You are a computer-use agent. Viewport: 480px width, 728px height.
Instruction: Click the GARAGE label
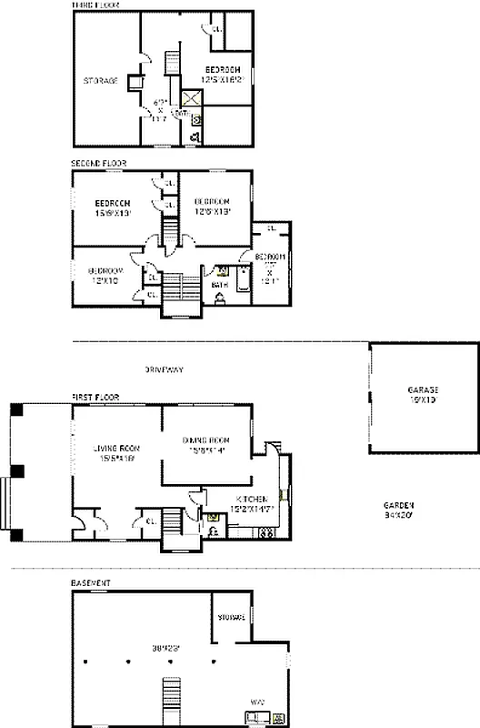tap(422, 389)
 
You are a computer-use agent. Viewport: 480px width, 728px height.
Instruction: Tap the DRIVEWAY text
tap(164, 369)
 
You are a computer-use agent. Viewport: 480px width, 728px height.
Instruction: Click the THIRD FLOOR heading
tap(96, 5)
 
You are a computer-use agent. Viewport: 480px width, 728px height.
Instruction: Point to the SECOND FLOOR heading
tap(98, 164)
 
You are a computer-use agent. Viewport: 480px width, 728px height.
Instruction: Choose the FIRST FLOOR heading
tap(95, 398)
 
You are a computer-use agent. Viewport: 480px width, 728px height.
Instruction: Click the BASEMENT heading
tap(91, 581)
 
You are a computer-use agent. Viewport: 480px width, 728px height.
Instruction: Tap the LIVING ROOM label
tap(116, 448)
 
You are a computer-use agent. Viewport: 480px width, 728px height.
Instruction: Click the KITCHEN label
tap(251, 500)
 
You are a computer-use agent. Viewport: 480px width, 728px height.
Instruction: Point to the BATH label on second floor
tap(218, 285)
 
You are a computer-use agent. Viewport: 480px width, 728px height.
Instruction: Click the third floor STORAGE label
tap(101, 81)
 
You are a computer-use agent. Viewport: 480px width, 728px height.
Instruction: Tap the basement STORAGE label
tap(231, 618)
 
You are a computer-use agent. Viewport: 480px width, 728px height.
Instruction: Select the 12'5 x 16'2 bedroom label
tap(223, 70)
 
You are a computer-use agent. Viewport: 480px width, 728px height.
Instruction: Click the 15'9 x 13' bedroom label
tap(114, 202)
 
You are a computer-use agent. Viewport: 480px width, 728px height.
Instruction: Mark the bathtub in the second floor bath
tap(242, 278)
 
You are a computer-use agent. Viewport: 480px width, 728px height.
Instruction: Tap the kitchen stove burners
tap(266, 532)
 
